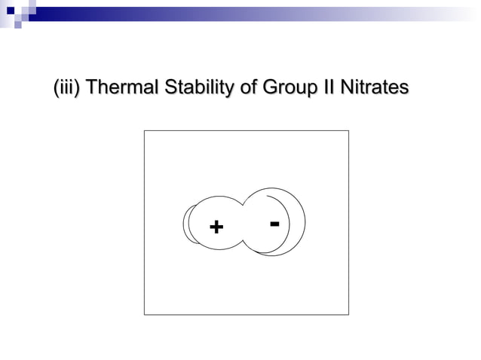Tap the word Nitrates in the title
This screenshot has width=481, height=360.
pyautogui.click(x=373, y=89)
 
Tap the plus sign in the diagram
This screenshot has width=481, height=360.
pyautogui.click(x=216, y=226)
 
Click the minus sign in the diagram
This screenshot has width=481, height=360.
pyautogui.click(x=274, y=223)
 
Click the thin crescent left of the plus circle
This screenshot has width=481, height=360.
pyautogui.click(x=186, y=224)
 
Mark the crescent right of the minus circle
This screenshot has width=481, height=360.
pyautogui.click(x=299, y=226)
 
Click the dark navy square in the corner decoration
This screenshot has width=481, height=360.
pyautogui.click(x=10, y=11)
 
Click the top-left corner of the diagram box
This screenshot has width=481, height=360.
pyautogui.click(x=144, y=131)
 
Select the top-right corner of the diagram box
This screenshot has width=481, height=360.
pyautogui.click(x=348, y=131)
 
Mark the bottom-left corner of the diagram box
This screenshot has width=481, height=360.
pyautogui.click(x=144, y=314)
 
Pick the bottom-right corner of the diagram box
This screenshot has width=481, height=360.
pyautogui.click(x=348, y=314)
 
